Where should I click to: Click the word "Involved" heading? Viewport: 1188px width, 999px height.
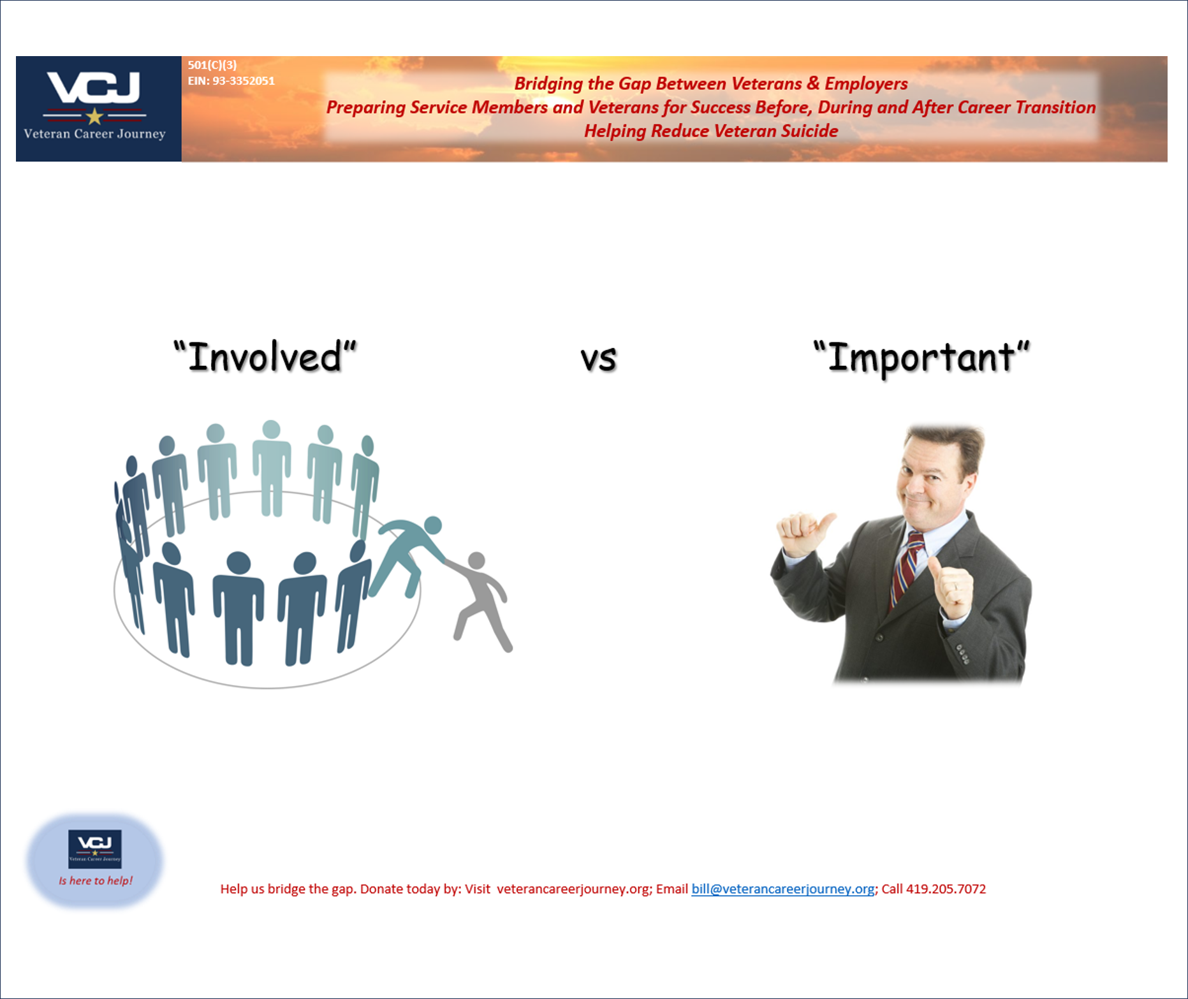(x=265, y=357)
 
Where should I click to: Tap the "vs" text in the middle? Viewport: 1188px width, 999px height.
(x=598, y=358)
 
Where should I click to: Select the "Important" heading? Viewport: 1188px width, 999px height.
(x=921, y=357)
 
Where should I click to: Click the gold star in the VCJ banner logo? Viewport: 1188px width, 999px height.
(x=95, y=116)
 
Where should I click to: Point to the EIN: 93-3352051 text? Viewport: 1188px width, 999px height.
(x=231, y=81)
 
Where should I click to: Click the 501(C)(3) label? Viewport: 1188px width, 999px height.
(x=212, y=64)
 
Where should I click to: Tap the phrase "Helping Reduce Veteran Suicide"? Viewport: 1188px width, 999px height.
(x=710, y=131)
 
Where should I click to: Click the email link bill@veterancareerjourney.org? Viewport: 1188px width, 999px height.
(x=782, y=889)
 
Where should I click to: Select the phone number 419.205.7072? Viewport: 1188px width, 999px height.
(x=946, y=889)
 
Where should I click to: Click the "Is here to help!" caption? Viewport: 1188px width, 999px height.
(x=96, y=880)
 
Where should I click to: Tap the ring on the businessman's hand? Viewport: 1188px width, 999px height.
(x=955, y=586)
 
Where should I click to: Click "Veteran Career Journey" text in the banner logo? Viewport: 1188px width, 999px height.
(x=94, y=134)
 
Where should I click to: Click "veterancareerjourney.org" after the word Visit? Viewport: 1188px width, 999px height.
(x=573, y=889)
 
